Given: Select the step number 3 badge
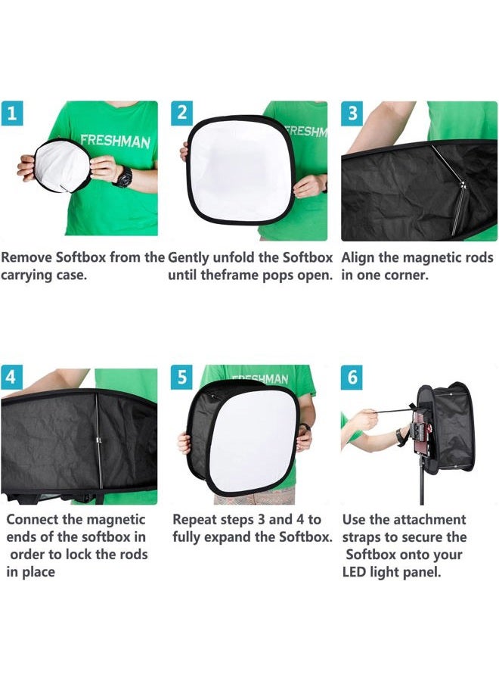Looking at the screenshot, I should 352,114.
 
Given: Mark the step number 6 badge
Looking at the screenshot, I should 352,376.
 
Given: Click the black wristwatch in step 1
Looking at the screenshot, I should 122,177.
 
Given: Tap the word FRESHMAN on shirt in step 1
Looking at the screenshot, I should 115,141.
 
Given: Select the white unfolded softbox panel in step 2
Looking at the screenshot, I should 239,170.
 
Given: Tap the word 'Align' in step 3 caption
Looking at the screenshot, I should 360,257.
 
